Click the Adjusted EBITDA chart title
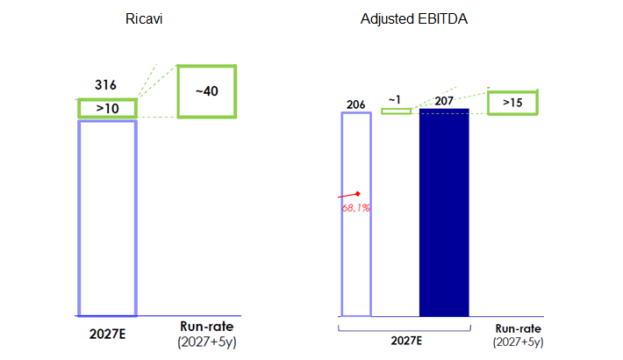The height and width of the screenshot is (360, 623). tap(414, 19)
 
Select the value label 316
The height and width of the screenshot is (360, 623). tap(105, 86)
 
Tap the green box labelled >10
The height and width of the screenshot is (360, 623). tap(107, 108)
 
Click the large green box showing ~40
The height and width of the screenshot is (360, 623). tap(207, 90)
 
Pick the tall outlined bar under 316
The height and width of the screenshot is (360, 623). tap(107, 218)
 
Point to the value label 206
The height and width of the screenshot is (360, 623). tap(355, 104)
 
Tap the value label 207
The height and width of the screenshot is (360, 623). tap(444, 100)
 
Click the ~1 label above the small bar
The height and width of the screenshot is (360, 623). tap(396, 100)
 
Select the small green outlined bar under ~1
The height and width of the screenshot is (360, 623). tap(396, 111)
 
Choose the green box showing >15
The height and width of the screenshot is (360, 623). tap(512, 102)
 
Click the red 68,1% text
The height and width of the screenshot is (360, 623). tap(354, 208)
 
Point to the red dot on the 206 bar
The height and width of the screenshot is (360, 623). tap(358, 193)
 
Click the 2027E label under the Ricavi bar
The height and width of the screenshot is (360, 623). tap(107, 333)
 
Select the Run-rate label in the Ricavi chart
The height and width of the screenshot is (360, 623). tap(207, 326)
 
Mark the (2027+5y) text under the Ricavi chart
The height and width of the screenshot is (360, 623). tap(207, 341)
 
